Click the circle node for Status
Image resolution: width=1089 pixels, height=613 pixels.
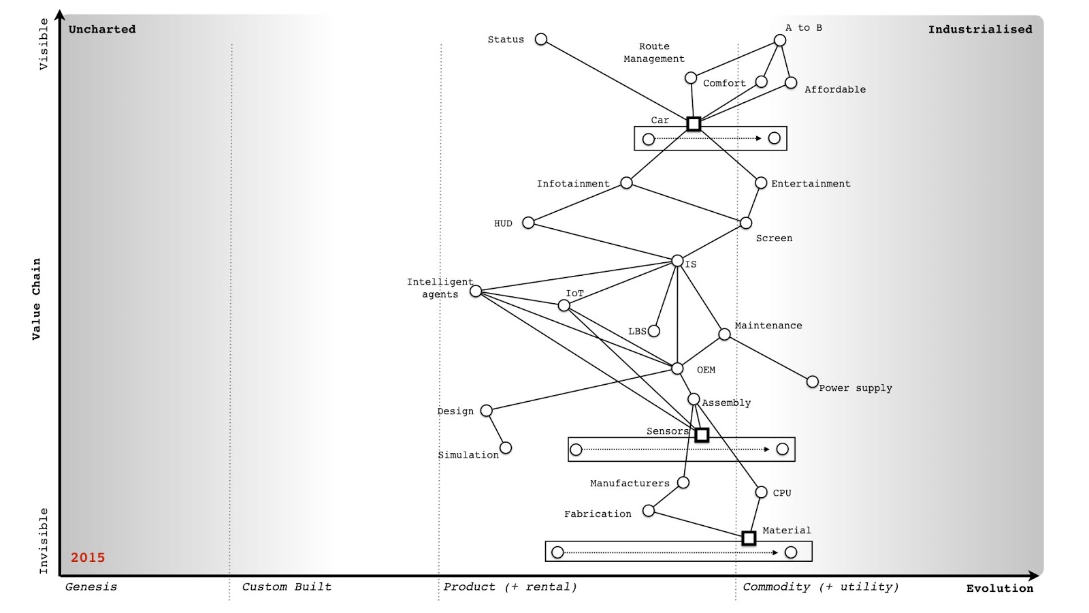click(x=541, y=40)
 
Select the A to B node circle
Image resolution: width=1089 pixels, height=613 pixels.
click(x=780, y=40)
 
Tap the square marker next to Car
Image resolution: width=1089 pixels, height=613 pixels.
click(x=694, y=124)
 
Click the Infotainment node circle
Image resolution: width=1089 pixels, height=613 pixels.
click(x=627, y=183)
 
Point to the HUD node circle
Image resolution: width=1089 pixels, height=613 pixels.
click(x=528, y=223)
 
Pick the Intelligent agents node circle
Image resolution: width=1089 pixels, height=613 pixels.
click(x=476, y=292)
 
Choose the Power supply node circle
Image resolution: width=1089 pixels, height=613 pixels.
click(x=812, y=381)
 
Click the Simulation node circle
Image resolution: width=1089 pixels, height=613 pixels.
click(x=506, y=447)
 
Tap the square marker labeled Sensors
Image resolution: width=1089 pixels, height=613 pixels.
click(x=702, y=435)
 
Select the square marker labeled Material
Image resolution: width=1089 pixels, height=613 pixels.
click(x=749, y=538)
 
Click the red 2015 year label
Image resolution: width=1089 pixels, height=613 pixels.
click(x=88, y=558)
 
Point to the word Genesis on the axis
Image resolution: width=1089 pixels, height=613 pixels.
click(x=91, y=587)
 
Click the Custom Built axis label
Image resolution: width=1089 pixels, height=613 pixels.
click(x=287, y=587)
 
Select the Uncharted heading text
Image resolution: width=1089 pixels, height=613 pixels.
click(x=102, y=29)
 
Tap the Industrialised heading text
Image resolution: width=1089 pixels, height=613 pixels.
click(x=980, y=29)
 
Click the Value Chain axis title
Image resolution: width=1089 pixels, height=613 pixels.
click(x=36, y=298)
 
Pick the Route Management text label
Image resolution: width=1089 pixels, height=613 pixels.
click(x=654, y=52)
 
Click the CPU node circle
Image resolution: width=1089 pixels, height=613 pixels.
click(x=761, y=492)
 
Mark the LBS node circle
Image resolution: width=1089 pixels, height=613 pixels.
click(x=654, y=331)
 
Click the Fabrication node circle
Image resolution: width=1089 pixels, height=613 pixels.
click(x=649, y=511)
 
